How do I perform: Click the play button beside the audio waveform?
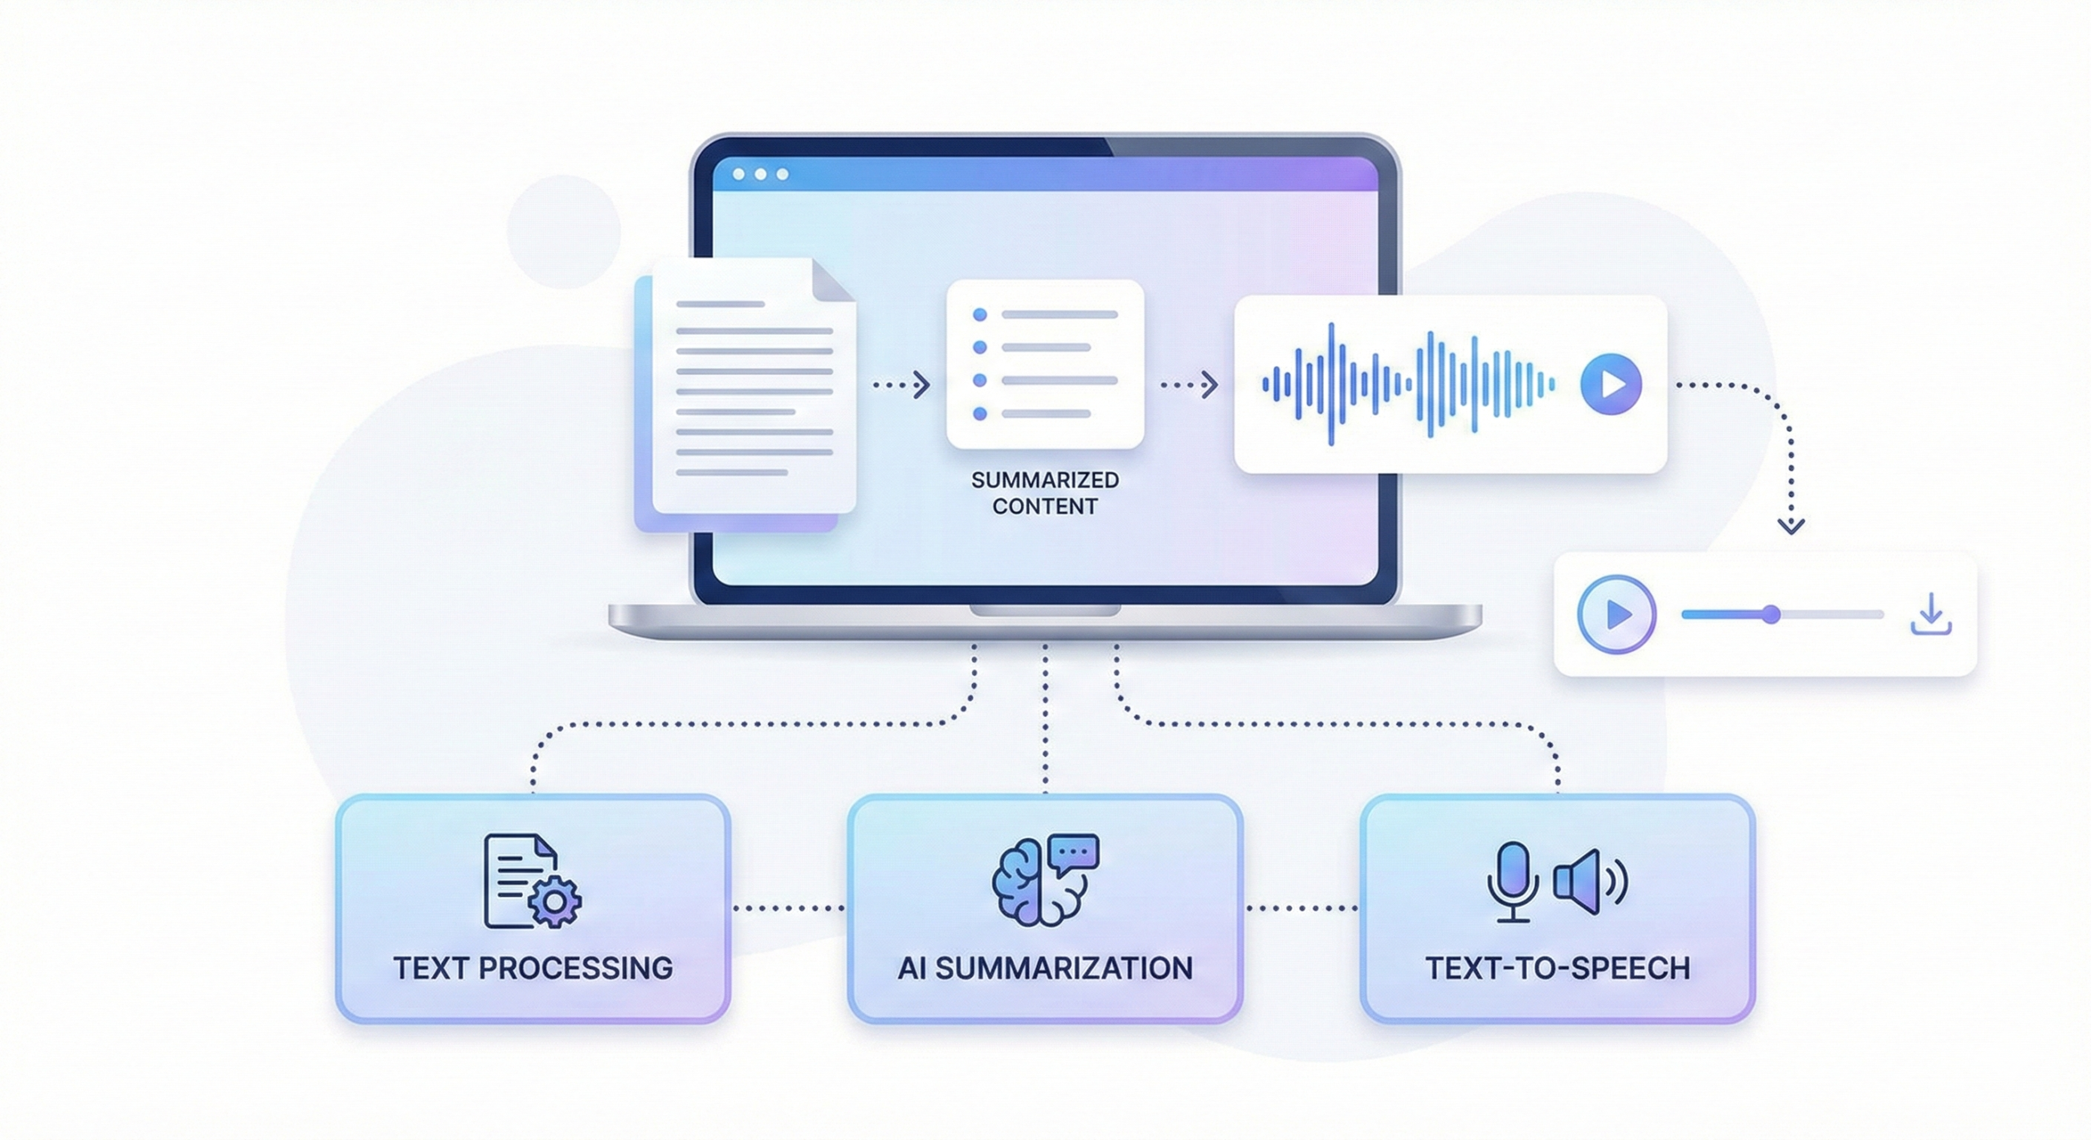coord(1611,384)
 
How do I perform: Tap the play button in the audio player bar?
coord(1616,614)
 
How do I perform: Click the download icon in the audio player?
coord(1931,615)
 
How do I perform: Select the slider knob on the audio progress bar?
coord(1771,614)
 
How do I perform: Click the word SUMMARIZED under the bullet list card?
coord(1045,480)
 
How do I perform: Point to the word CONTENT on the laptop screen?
coord(1045,506)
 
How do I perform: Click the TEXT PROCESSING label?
coord(533,969)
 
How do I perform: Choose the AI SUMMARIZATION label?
coord(1045,969)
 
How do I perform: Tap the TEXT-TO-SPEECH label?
coord(1558,969)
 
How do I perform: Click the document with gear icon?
coord(531,881)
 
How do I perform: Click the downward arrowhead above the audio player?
coord(1791,525)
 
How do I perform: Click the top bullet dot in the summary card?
coord(980,314)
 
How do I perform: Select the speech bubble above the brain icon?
coord(1074,853)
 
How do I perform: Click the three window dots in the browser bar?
coord(760,174)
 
